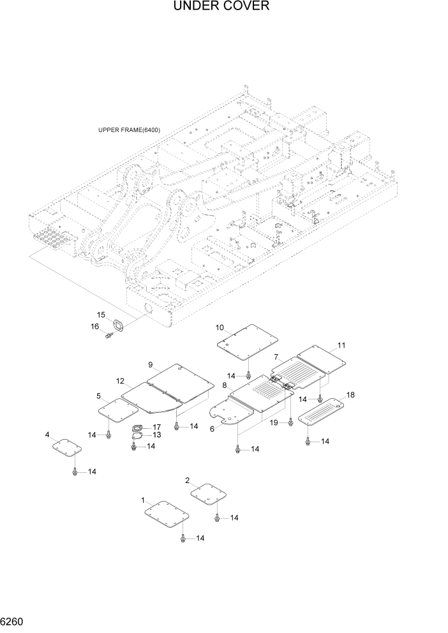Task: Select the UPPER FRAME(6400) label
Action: point(129,130)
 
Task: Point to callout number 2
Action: point(187,480)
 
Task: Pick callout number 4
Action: point(47,435)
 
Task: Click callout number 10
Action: point(220,327)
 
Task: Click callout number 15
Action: point(101,315)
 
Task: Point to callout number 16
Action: point(95,326)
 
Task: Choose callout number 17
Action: point(156,427)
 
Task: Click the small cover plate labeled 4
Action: point(66,448)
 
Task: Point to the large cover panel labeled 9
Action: point(180,383)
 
